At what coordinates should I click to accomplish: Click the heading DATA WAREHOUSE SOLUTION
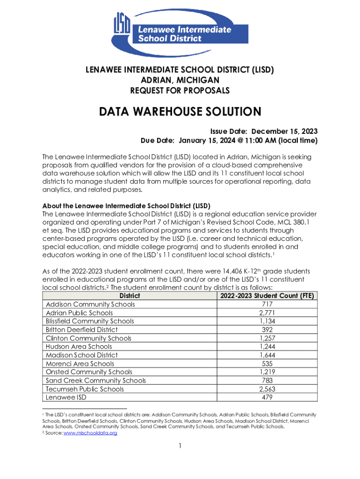click(x=180, y=112)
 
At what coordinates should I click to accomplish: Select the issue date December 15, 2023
click(x=282, y=131)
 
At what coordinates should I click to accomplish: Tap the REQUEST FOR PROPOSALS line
click(x=180, y=90)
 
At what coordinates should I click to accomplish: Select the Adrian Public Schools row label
click(x=79, y=312)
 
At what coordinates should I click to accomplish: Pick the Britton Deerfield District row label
click(x=81, y=329)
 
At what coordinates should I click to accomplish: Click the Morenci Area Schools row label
click(x=79, y=363)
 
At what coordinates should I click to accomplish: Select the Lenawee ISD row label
click(x=66, y=397)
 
